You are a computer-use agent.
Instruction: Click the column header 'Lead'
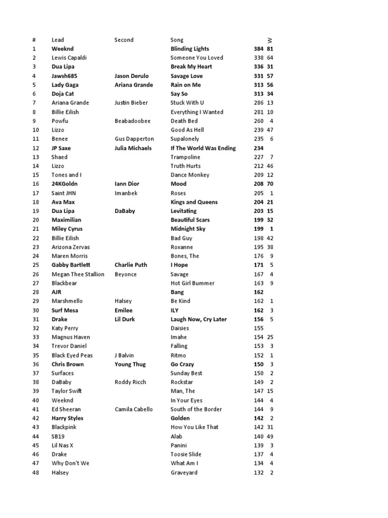tap(58, 40)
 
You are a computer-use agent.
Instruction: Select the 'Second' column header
tap(124, 40)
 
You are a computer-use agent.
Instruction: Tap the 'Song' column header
tap(177, 40)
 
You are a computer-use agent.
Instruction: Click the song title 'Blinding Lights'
tap(189, 49)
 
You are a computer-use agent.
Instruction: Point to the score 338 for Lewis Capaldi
tap(259, 58)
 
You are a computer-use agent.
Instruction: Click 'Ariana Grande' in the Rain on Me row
tap(133, 85)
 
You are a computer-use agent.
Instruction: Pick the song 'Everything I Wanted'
tap(197, 112)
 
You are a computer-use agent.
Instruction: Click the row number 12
tap(35, 148)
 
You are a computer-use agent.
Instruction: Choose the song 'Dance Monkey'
tap(190, 175)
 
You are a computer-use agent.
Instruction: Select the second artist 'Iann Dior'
tap(127, 184)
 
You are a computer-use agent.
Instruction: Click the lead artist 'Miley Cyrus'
tap(67, 229)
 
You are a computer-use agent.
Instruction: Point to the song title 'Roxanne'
tap(182, 247)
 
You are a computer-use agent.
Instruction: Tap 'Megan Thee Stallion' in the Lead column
tap(78, 274)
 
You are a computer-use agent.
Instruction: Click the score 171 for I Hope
tap(259, 265)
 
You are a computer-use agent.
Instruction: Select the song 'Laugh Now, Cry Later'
tap(199, 319)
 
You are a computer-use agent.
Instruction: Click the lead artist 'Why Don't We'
tap(70, 463)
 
